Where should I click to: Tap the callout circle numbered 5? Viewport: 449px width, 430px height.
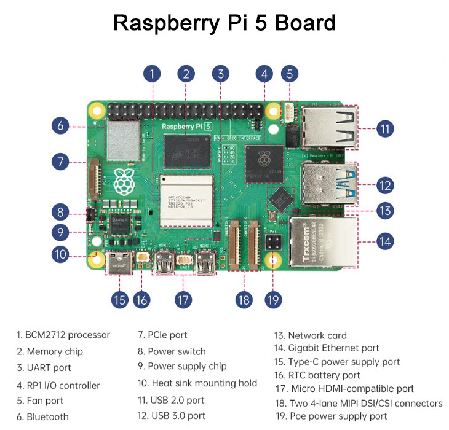pos(290,74)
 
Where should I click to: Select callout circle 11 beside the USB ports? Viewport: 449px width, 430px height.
pos(385,129)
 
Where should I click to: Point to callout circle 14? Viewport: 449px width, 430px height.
pos(385,241)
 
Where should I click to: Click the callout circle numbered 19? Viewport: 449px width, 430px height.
pos(273,300)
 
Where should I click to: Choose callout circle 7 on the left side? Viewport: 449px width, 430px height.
pos(60,162)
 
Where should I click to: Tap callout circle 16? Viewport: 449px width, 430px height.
pos(141,300)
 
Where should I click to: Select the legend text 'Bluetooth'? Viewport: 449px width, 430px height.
pos(47,416)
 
